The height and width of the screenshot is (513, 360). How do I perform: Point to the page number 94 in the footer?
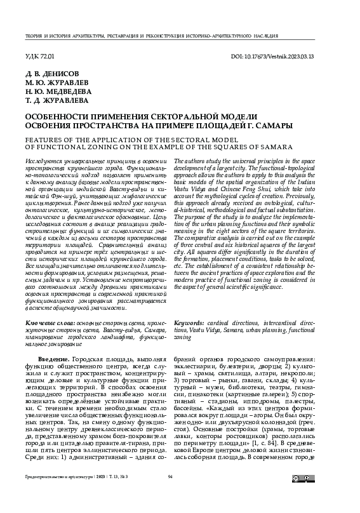170,494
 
